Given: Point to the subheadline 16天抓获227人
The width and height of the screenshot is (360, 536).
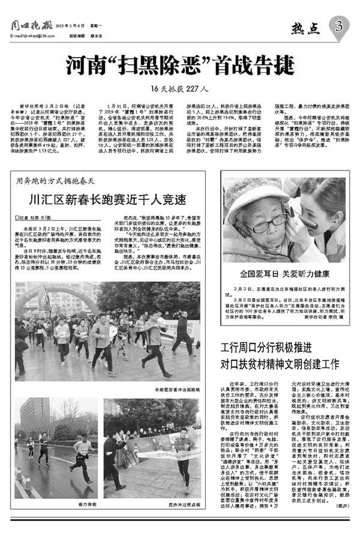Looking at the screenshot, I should (x=179, y=89).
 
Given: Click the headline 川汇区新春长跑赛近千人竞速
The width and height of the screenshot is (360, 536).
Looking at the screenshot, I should (x=107, y=199).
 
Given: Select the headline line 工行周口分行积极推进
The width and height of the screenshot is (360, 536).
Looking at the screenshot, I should (x=280, y=348).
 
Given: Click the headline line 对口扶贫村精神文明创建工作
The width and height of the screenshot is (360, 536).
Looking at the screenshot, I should (x=280, y=363).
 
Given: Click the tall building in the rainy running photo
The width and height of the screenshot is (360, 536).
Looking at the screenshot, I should (x=35, y=414).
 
